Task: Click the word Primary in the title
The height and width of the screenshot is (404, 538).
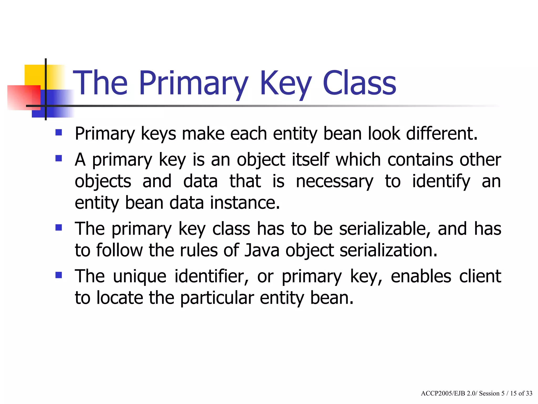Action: [x=193, y=84]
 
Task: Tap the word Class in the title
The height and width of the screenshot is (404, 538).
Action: [x=359, y=84]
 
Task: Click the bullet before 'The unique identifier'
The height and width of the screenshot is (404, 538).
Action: [x=59, y=275]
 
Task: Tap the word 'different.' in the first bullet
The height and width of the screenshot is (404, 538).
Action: [x=442, y=134]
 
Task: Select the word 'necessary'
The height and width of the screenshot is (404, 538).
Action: [x=334, y=181]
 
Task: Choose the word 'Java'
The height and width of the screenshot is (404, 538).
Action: [x=262, y=250]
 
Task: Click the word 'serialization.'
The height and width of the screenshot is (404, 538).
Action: [x=389, y=250]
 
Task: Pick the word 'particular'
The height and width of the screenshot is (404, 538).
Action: [x=217, y=298]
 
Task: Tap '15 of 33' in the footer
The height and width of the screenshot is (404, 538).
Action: [x=521, y=393]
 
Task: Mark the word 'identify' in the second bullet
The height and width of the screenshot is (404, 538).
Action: [x=441, y=181]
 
